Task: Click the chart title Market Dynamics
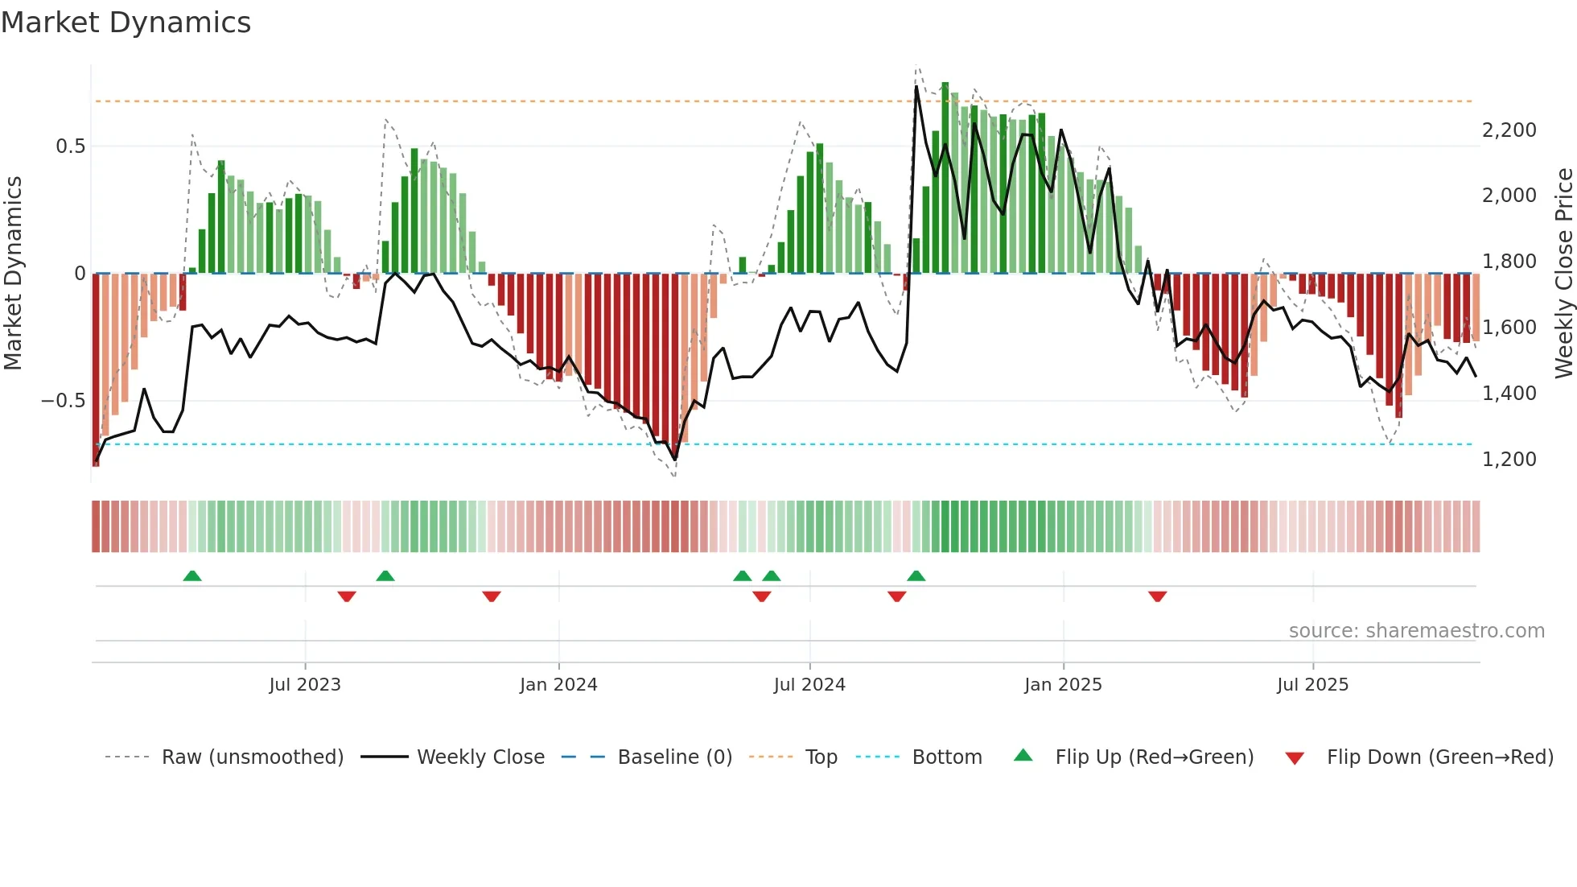click(x=126, y=23)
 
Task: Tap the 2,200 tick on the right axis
click(x=1509, y=130)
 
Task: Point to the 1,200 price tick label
click(x=1509, y=460)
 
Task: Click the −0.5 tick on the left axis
click(x=63, y=401)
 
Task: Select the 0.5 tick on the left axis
click(x=70, y=146)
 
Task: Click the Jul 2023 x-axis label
click(x=305, y=685)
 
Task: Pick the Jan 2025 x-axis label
click(x=1063, y=685)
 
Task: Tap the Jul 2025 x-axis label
click(x=1312, y=685)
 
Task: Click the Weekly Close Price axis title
click(x=1563, y=274)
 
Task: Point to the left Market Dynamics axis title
click(x=13, y=274)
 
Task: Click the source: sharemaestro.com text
click(x=1416, y=631)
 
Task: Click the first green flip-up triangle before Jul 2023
click(x=192, y=576)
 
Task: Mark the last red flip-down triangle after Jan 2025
click(x=1158, y=596)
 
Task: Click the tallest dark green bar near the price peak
click(x=945, y=177)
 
